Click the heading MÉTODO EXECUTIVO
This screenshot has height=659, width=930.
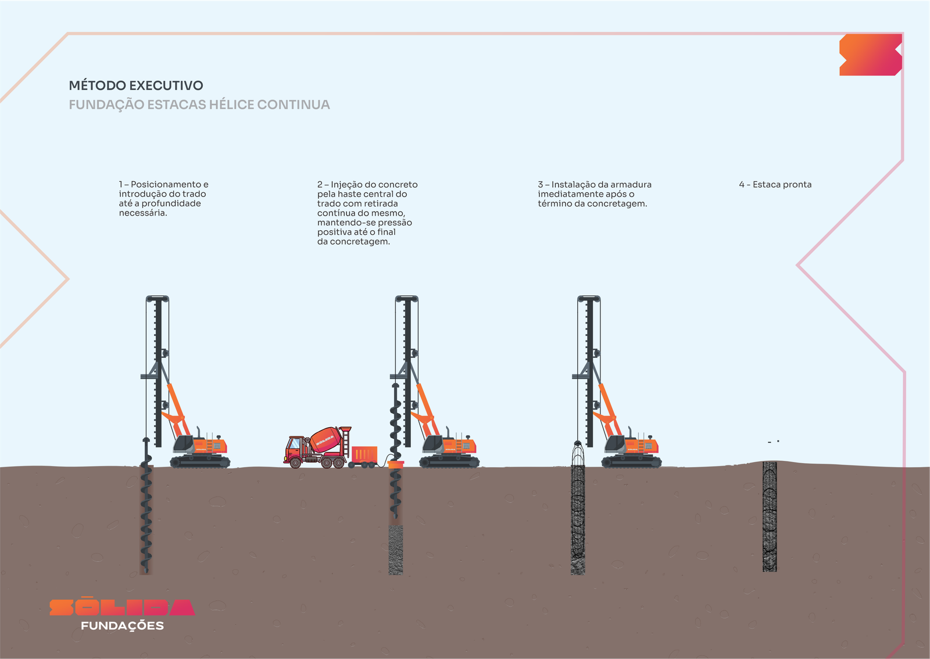[136, 85]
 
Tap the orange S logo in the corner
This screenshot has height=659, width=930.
[871, 55]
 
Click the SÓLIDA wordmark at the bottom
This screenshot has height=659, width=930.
[122, 607]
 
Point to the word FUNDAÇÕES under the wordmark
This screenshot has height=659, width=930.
[122, 626]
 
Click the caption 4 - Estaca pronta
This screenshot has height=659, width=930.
[775, 184]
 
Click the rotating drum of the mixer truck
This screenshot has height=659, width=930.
[326, 439]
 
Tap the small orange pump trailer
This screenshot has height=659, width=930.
[364, 456]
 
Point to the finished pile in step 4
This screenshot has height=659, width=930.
[770, 516]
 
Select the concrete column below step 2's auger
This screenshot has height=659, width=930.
[395, 550]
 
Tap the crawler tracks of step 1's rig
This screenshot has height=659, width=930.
[200, 461]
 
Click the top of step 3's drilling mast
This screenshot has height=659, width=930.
[589, 298]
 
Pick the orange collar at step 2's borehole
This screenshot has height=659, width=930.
[396, 464]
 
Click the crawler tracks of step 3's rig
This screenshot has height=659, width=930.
[631, 461]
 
